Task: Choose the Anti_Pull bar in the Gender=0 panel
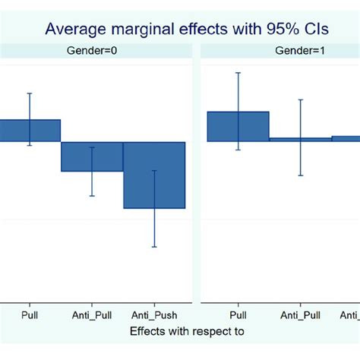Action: (92, 156)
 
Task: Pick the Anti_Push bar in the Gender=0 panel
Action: (154, 175)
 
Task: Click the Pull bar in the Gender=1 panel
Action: (238, 126)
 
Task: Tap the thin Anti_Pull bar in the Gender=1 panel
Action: (300, 139)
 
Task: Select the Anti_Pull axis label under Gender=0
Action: (92, 314)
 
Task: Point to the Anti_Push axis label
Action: (154, 314)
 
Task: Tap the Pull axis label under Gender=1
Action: (238, 314)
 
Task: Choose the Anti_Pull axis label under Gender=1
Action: (300, 314)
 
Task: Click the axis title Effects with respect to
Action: (187, 331)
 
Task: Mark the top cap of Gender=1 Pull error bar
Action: (238, 73)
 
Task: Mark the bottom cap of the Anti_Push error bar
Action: (154, 247)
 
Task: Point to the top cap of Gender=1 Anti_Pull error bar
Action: (300, 99)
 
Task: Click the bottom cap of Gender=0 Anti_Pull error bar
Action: (92, 196)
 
